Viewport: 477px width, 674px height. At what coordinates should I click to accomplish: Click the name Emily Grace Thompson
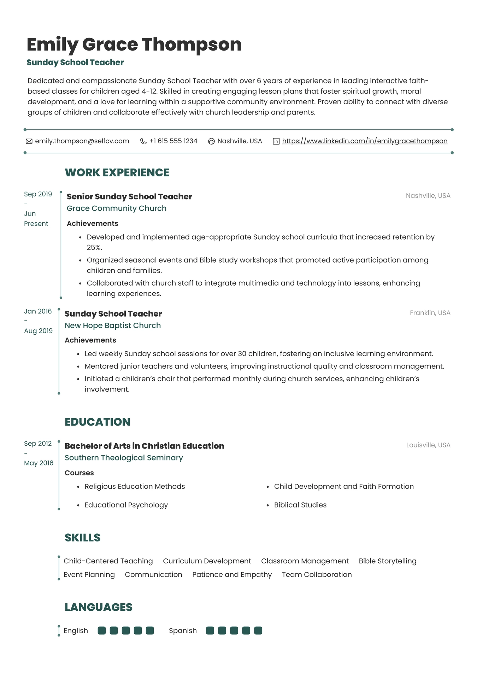(134, 45)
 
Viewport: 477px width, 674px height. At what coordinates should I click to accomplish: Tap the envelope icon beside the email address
(29, 141)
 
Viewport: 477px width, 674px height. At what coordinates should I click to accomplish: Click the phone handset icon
(143, 141)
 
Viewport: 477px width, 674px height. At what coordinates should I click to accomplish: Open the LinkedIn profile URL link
(365, 141)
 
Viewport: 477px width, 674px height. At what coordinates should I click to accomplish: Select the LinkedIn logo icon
(276, 141)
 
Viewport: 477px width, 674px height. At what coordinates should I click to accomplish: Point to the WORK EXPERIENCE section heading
(117, 172)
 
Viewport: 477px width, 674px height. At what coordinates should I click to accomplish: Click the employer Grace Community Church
(116, 208)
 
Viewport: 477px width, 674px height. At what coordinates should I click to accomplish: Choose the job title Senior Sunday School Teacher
(129, 197)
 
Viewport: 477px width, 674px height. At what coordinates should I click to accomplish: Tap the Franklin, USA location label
(430, 313)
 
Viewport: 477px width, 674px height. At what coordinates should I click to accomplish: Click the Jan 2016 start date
(38, 311)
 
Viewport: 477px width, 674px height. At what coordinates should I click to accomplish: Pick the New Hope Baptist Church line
(112, 326)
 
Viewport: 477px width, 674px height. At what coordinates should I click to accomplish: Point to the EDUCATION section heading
(97, 422)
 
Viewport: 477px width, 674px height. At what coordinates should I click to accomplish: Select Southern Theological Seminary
(124, 458)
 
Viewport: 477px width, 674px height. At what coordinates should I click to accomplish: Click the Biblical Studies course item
(300, 505)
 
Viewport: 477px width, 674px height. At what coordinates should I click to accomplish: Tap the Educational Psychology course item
(126, 505)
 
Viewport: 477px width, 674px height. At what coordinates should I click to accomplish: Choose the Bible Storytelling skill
(387, 561)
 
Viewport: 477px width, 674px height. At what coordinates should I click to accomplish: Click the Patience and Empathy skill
(232, 575)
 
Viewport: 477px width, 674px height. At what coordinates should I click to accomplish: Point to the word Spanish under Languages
(183, 631)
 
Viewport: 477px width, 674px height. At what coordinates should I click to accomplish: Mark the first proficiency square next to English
(102, 631)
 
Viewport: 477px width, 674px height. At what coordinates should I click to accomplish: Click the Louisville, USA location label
(428, 445)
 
